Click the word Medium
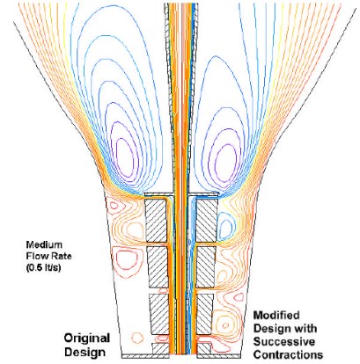(44, 244)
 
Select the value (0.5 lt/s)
(43, 267)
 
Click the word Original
(87, 339)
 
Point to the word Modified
(276, 316)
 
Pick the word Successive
(284, 342)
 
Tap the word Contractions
(288, 354)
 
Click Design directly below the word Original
(84, 352)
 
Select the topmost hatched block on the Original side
(156, 221)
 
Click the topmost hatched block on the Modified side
(207, 221)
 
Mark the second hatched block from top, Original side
(158, 267)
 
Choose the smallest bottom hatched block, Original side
(160, 348)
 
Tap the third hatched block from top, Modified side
(204, 314)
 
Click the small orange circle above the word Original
(136, 338)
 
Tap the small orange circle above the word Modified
(225, 325)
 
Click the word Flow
(36, 256)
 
